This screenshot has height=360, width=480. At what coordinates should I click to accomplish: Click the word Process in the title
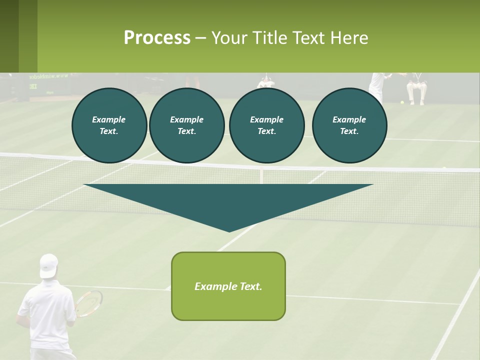[x=157, y=38]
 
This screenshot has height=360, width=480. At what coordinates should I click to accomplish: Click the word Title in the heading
[x=269, y=38]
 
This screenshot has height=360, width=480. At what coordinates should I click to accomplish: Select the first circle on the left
[x=109, y=125]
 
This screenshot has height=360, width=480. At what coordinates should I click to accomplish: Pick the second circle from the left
[x=186, y=125]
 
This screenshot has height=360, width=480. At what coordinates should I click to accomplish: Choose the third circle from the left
[x=266, y=125]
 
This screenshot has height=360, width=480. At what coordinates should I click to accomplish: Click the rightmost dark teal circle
[x=349, y=125]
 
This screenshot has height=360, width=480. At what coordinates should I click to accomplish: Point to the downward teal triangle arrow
[x=228, y=202]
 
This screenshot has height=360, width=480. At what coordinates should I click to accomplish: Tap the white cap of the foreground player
[x=48, y=265]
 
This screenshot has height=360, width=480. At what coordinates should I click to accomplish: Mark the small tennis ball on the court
[x=401, y=102]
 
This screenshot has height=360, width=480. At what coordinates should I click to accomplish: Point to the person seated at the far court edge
[x=416, y=87]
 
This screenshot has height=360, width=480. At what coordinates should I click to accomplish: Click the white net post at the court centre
[x=261, y=176]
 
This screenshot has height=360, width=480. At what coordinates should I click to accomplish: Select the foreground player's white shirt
[x=47, y=315]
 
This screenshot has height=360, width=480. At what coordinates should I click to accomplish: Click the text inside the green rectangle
[x=228, y=286]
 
